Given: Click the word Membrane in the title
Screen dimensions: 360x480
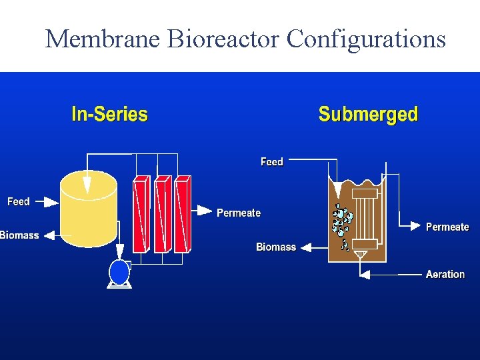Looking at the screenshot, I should click(x=103, y=39).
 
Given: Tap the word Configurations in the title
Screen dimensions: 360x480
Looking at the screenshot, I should click(x=366, y=39).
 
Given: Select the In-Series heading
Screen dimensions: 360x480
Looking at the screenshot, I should click(x=109, y=114).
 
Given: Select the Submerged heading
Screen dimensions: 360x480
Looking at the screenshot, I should click(x=368, y=114).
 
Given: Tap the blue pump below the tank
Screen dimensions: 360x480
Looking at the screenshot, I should click(x=120, y=272).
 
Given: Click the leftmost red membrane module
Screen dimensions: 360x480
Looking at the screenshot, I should click(x=141, y=214).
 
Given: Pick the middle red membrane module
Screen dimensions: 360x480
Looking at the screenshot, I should click(x=162, y=214).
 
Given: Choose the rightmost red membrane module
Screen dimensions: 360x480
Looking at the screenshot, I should click(x=182, y=214).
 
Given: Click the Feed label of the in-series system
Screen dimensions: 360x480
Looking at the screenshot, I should click(x=19, y=201).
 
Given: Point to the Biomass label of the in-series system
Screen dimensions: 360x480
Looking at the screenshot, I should click(x=19, y=235).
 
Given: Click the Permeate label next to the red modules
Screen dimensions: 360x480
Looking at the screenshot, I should click(x=239, y=213).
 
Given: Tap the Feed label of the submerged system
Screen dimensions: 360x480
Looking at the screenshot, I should click(x=272, y=162).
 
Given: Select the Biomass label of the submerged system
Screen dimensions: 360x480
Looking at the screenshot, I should click(x=276, y=247).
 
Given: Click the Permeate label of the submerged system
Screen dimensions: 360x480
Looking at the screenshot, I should click(x=447, y=227).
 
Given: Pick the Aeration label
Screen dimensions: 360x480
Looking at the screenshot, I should click(x=445, y=274).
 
